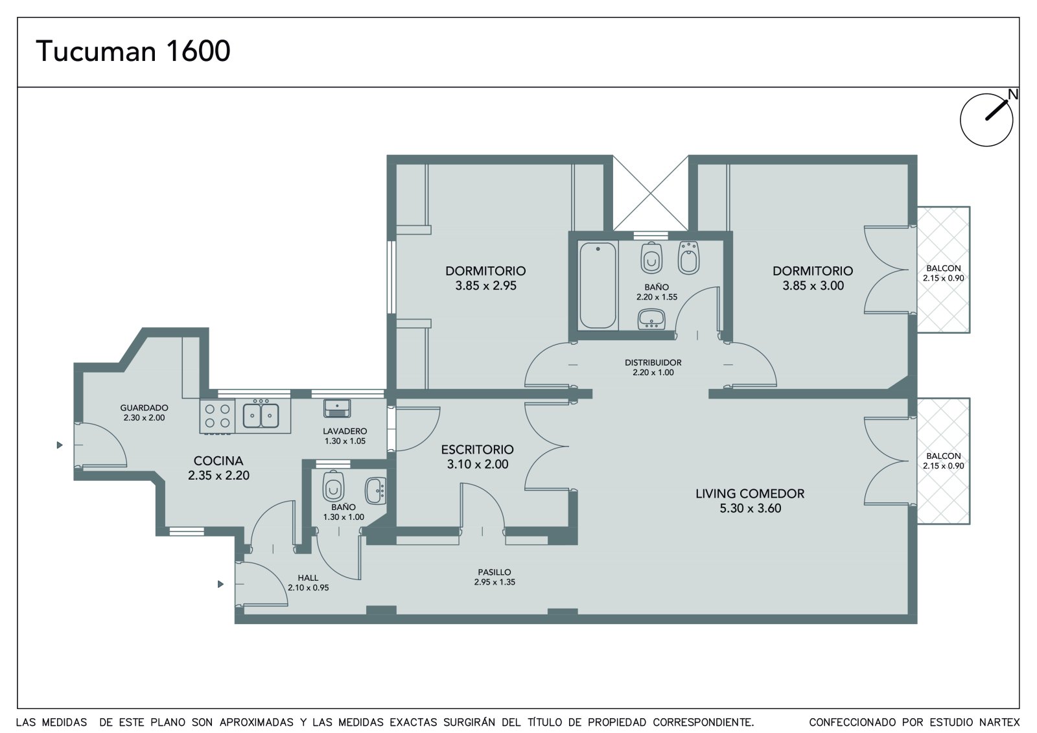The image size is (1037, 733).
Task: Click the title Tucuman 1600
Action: [133, 51]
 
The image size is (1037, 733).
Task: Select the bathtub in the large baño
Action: [598, 285]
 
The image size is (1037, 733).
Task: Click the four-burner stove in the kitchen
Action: [218, 416]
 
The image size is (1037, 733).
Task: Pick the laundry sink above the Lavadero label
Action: [337, 408]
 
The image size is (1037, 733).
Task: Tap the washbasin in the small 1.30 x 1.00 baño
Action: [375, 491]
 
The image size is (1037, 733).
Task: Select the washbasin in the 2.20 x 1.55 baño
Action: [651, 319]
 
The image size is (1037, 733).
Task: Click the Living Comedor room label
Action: [750, 494]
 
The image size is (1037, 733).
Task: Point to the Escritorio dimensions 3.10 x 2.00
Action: [477, 464]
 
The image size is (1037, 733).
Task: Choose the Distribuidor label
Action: [653, 362]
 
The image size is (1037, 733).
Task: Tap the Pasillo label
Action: [495, 572]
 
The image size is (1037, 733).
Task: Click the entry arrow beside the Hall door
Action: [221, 585]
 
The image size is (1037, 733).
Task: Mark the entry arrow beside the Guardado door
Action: [60, 445]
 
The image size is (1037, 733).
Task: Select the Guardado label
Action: [144, 408]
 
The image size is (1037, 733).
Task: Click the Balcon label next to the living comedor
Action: [944, 456]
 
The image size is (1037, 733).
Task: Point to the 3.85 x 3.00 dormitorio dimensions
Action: [813, 286]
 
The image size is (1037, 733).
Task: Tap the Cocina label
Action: [218, 461]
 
